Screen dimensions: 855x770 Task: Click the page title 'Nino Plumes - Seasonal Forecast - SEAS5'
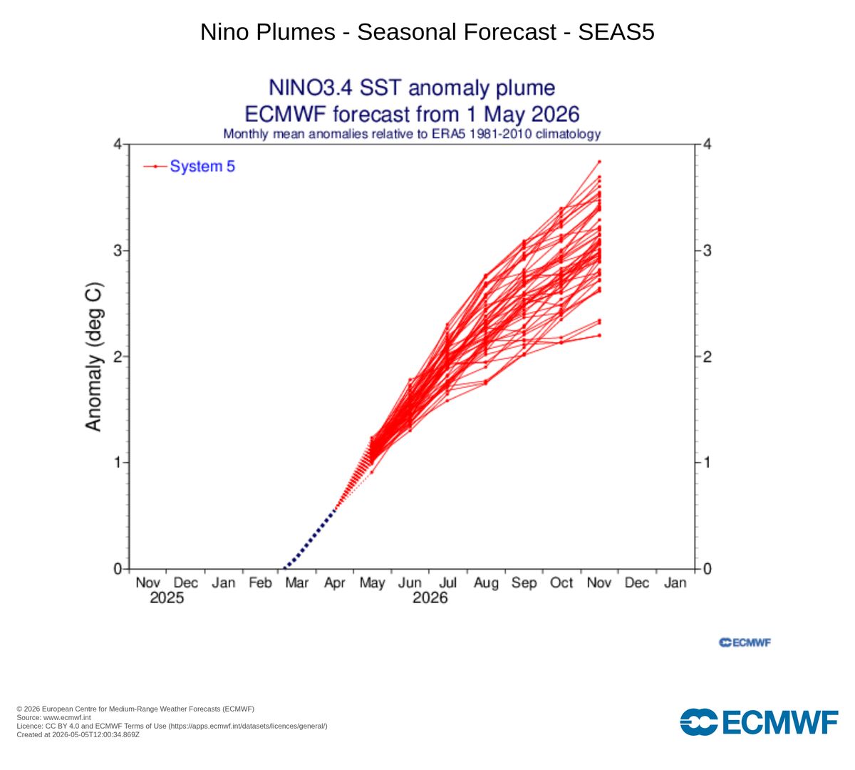pos(427,31)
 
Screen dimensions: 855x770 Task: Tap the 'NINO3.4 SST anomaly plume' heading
pos(412,88)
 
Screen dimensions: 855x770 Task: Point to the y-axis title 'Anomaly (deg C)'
pos(94,356)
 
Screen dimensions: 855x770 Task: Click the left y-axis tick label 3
pos(118,250)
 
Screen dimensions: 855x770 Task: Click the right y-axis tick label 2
pos(707,356)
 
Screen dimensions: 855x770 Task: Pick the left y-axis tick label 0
pos(118,569)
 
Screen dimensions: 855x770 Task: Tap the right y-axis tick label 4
pos(707,144)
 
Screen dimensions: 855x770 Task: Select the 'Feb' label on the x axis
pos(260,582)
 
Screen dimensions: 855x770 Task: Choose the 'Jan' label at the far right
pos(675,582)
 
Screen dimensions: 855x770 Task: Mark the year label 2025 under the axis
pos(167,598)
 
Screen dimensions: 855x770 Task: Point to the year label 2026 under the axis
pos(430,598)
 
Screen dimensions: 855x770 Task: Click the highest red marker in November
pos(599,162)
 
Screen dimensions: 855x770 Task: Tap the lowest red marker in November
pos(599,335)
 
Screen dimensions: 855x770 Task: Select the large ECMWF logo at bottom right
pos(759,722)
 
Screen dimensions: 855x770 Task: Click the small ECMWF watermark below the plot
pos(745,642)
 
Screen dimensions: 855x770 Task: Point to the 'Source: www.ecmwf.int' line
pos(53,717)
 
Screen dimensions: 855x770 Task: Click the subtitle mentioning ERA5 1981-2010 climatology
pos(412,134)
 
